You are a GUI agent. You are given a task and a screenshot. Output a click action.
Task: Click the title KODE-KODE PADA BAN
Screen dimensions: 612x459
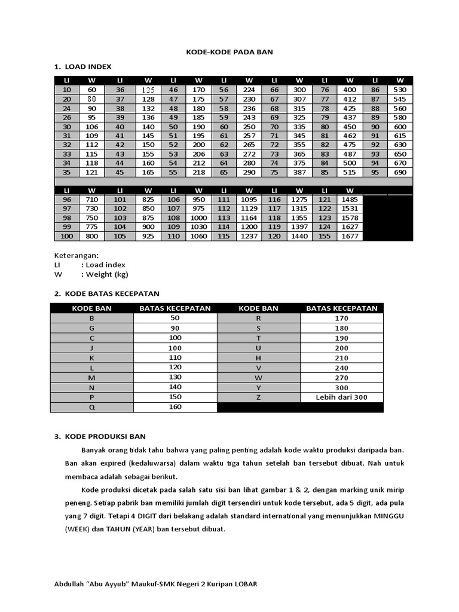click(x=230, y=52)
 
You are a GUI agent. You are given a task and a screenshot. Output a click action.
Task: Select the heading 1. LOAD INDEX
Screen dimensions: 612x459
click(x=83, y=66)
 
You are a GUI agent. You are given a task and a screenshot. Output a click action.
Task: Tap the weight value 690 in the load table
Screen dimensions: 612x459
click(x=400, y=172)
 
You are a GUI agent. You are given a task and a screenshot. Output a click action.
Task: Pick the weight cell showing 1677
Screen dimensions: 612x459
click(x=350, y=236)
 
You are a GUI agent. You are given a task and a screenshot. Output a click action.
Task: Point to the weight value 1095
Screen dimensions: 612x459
click(x=249, y=199)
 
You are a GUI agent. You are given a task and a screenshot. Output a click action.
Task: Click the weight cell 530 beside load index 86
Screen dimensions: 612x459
click(x=400, y=89)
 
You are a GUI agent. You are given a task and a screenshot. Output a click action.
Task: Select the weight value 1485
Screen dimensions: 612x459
click(x=350, y=199)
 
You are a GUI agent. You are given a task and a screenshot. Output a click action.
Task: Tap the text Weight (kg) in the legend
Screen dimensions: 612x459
click(x=107, y=274)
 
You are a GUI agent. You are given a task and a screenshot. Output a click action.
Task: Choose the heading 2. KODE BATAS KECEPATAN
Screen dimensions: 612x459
click(x=107, y=293)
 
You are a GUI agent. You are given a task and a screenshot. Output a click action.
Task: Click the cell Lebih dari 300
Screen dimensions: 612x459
click(x=342, y=397)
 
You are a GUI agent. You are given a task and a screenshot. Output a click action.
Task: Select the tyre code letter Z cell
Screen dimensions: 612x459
click(x=258, y=397)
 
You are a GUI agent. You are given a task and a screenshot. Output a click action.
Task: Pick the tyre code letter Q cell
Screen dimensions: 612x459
click(x=91, y=408)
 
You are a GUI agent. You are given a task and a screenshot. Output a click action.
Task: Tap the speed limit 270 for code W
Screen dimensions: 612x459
click(x=342, y=378)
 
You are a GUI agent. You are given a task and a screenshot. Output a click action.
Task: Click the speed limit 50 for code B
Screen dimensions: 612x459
click(x=175, y=319)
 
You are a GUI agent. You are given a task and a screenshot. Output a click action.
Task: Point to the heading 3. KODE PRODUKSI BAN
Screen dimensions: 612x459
click(x=100, y=436)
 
